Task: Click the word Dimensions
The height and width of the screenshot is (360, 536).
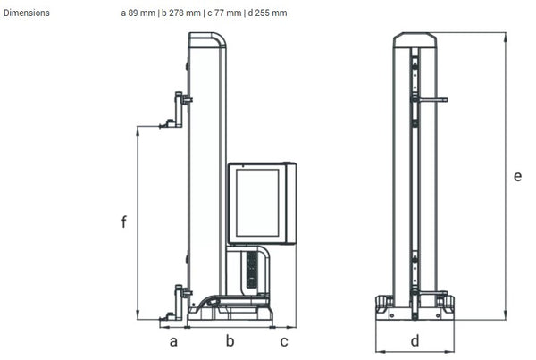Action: coord(27,13)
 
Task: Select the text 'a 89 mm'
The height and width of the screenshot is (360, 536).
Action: coord(138,13)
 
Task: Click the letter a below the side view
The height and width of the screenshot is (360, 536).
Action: coord(174,341)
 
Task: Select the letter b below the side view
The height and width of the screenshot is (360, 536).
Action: coord(230,341)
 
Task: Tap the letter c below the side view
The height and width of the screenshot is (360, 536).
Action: coord(284,341)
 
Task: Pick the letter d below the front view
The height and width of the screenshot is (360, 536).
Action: coord(415,341)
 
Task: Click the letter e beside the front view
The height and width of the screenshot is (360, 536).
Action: coord(517,176)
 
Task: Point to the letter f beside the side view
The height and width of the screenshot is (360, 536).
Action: coord(124,222)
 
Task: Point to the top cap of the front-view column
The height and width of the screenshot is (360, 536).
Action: coord(415,38)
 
